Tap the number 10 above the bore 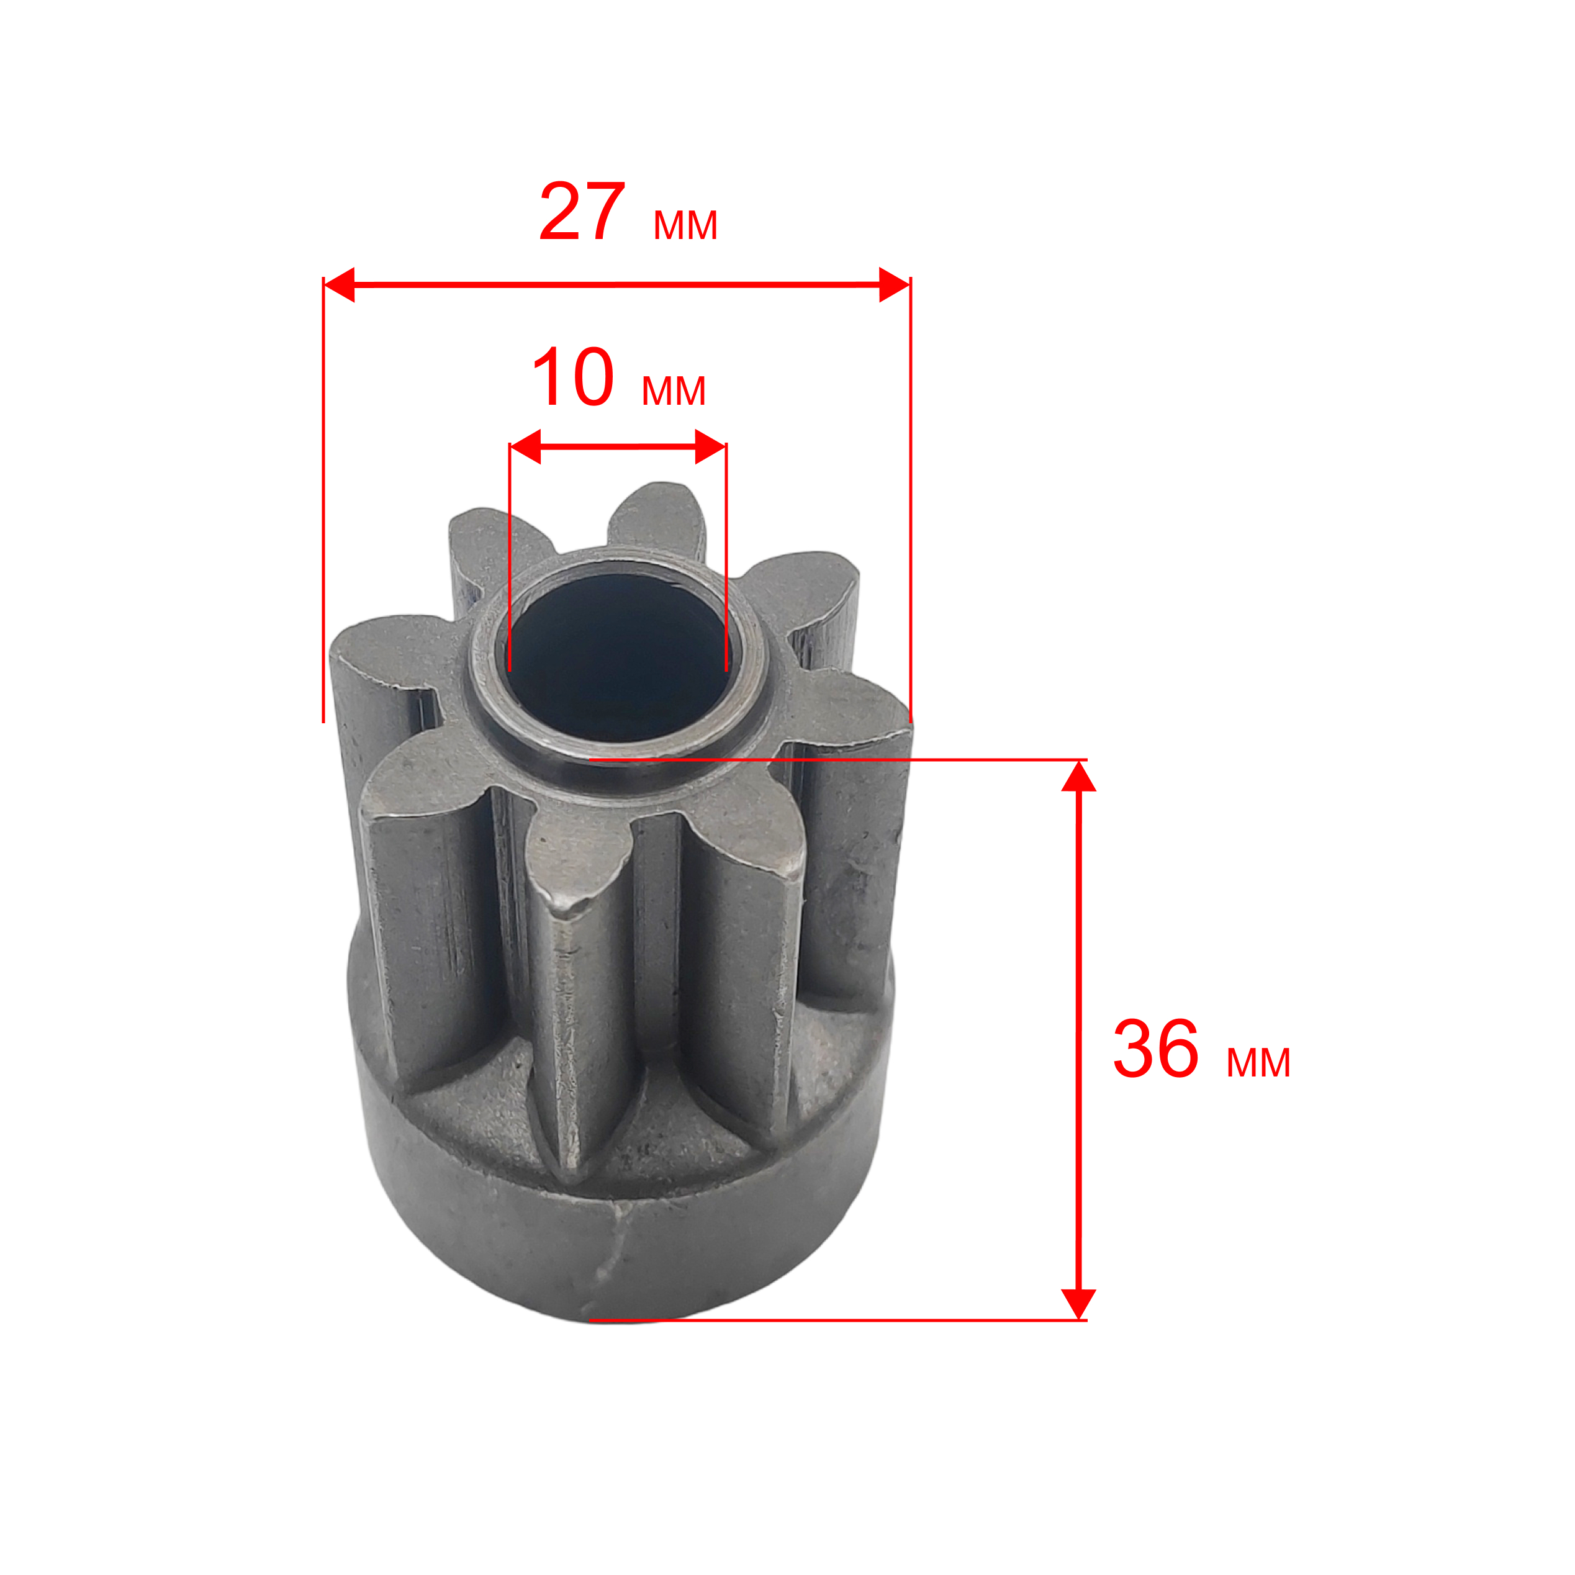click(572, 377)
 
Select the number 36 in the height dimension click(1156, 1049)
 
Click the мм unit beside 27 click(685, 225)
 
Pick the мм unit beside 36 click(1258, 1063)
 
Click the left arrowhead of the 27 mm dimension click(339, 284)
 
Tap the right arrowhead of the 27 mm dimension click(895, 284)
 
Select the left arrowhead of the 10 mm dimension click(525, 447)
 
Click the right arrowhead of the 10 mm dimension click(711, 447)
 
